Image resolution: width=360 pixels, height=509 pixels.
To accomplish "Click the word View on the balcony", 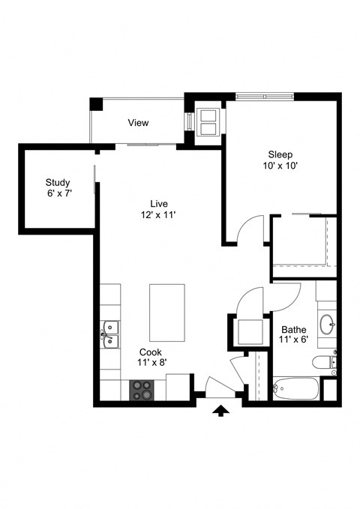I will coord(138,123).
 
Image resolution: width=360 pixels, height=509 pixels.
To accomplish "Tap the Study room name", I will coord(58,182).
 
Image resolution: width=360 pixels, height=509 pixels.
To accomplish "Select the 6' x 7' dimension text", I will coord(58,193).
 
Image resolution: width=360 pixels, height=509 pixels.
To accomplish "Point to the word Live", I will coord(157,203).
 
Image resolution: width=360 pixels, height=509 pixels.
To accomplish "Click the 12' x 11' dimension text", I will coord(157,214).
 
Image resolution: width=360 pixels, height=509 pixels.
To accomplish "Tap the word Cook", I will coord(150,352).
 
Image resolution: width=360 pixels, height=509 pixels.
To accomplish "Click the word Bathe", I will coord(293,329).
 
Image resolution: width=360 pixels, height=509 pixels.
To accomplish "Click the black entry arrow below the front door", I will coord(220,410).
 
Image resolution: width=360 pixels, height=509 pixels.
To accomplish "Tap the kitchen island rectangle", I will coord(166,312).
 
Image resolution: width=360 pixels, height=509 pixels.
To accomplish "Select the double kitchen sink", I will coord(111,335).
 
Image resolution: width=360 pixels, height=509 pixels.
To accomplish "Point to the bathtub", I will coord(295,388).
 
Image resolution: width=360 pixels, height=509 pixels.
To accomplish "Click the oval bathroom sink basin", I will coord(328,325).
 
